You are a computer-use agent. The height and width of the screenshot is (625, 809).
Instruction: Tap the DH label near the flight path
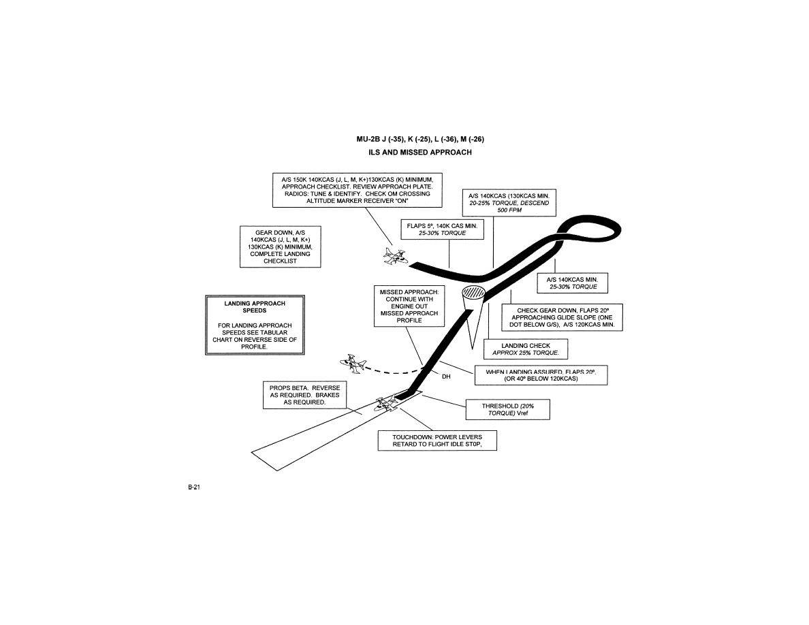[447, 376]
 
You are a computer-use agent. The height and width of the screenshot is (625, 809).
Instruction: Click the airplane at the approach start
[393, 256]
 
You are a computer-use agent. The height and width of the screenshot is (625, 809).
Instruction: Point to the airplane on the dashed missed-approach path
[355, 364]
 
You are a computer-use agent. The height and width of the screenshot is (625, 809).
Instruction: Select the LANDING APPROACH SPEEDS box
[254, 325]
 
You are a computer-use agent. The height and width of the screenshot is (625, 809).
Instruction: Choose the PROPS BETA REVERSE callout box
[304, 395]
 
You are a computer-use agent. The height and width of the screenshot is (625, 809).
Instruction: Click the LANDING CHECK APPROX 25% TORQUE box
[525, 349]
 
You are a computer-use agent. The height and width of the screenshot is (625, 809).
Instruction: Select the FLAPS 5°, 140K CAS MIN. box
[442, 229]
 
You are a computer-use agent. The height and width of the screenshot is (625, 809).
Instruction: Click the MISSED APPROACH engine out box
[409, 306]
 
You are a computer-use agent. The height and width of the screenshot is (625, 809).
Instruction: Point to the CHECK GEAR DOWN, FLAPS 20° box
[562, 317]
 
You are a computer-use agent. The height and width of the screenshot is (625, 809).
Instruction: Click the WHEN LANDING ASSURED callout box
[541, 375]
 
